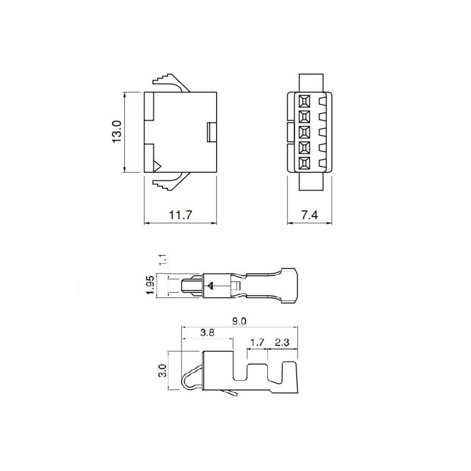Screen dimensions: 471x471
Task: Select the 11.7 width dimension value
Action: (181, 215)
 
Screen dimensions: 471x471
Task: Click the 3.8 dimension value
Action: (206, 333)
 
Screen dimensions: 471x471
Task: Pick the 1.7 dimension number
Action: (257, 341)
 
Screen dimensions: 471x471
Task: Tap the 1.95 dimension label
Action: (151, 286)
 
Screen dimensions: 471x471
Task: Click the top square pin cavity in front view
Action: (304, 100)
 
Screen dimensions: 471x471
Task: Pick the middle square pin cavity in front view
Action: (304, 132)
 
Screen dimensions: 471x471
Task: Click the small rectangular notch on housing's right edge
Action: (212, 132)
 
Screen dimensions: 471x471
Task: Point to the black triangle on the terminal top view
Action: (210, 287)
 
